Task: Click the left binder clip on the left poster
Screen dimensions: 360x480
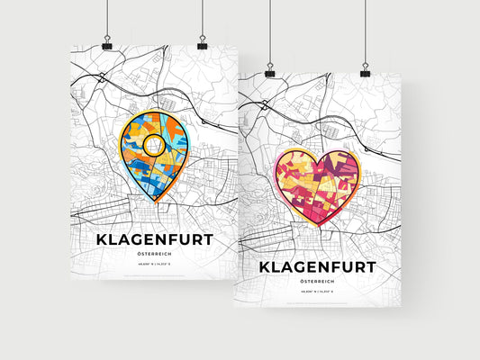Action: click(107, 43)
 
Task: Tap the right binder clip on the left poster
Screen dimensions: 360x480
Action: click(203, 43)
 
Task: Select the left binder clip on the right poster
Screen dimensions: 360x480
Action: click(270, 70)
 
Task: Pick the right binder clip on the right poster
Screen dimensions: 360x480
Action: click(366, 70)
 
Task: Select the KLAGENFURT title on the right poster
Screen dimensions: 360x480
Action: click(318, 267)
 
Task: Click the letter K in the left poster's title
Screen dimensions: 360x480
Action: click(100, 240)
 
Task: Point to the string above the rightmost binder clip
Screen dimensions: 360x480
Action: click(366, 31)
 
